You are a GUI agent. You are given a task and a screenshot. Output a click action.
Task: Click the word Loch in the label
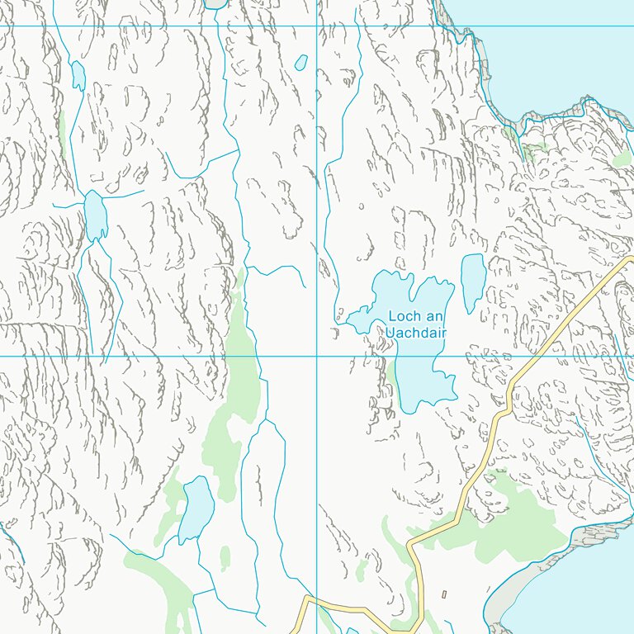tap(405, 316)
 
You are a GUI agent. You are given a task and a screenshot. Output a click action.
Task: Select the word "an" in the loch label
tap(435, 316)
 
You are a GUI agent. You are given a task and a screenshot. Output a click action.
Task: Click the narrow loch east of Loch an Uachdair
tap(473, 281)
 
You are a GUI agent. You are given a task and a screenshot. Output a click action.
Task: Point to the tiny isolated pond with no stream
tap(301, 62)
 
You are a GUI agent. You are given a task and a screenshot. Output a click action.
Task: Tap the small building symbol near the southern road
tap(444, 594)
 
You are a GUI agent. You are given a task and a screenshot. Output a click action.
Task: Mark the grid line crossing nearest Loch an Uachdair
tap(317, 357)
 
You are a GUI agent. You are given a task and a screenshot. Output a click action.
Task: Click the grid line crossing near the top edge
tap(317, 26)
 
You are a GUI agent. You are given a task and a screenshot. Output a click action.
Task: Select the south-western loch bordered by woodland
tap(196, 509)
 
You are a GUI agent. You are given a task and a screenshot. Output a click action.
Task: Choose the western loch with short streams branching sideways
tap(95, 215)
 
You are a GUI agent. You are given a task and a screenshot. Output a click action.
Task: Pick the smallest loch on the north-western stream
tap(78, 76)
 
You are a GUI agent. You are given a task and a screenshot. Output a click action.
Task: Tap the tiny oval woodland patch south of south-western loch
tap(225, 558)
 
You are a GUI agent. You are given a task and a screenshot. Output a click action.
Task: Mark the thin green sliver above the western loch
tap(62, 132)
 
